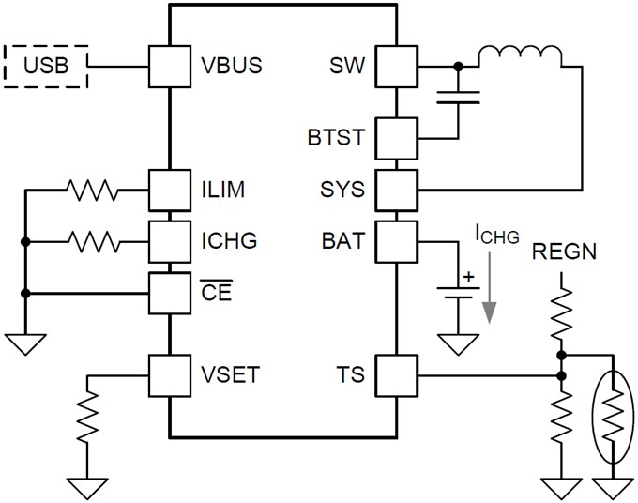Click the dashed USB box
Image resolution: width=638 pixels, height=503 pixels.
(x=46, y=66)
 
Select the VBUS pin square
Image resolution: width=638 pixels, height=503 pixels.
(x=169, y=66)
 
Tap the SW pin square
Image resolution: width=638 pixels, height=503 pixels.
(x=395, y=66)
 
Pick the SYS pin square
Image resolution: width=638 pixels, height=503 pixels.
(x=395, y=191)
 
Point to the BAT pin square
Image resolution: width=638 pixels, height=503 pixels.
(x=395, y=242)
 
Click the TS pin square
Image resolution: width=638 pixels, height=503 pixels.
(x=395, y=377)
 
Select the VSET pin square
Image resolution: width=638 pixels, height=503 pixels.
(x=169, y=377)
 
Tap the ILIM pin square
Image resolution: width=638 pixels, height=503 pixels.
(x=169, y=191)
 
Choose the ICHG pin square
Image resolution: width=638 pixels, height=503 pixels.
(x=169, y=242)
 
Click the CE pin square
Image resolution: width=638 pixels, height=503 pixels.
(x=169, y=293)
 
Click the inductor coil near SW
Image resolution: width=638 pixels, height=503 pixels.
(x=521, y=56)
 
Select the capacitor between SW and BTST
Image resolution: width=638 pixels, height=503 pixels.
(x=458, y=95)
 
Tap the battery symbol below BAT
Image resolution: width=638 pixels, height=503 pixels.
(x=458, y=288)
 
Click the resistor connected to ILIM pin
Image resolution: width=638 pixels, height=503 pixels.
(x=93, y=191)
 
